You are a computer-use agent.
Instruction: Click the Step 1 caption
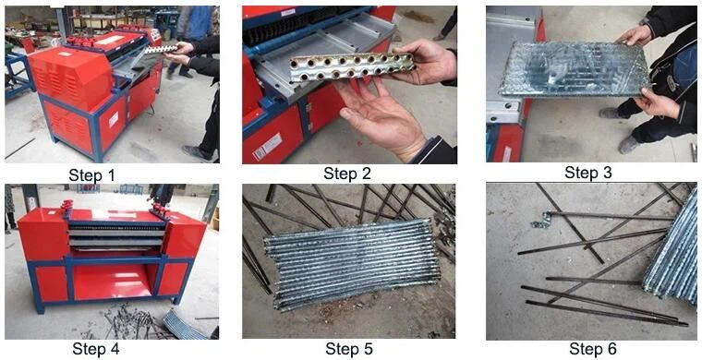[x=91, y=174]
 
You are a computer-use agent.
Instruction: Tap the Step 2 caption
[x=347, y=173]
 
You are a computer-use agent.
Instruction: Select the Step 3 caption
[x=588, y=173]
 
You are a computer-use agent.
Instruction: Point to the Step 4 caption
[x=96, y=348]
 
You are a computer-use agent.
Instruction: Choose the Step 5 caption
[x=349, y=348]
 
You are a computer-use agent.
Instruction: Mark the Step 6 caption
[x=593, y=348]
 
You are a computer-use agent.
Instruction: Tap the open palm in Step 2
[x=381, y=117]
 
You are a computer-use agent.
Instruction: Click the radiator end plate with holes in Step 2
[x=351, y=68]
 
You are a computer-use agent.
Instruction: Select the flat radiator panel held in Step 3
[x=575, y=69]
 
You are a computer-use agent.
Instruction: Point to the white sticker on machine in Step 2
[x=266, y=147]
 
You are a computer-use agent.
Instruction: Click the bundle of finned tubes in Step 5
[x=351, y=264]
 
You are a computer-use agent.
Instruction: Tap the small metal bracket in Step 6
[x=542, y=220]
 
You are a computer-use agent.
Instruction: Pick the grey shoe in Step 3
[x=630, y=145]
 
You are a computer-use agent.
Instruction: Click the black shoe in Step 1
[x=197, y=153]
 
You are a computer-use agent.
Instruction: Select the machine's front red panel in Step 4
[x=112, y=281]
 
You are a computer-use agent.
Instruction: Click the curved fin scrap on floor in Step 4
[x=184, y=324]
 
